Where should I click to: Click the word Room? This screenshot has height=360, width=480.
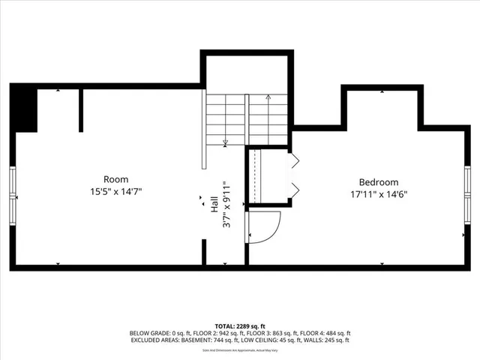[x=116, y=179]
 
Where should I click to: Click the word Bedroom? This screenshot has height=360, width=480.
[x=379, y=181]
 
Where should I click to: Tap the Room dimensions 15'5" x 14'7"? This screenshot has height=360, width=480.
[x=116, y=191]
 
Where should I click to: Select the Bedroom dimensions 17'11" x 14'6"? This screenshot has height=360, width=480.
[x=379, y=193]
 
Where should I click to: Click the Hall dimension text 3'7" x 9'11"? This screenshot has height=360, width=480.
[x=226, y=203]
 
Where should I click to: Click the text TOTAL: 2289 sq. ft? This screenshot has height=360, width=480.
[x=240, y=325]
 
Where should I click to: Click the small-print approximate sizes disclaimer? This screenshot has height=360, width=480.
[x=240, y=350]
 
